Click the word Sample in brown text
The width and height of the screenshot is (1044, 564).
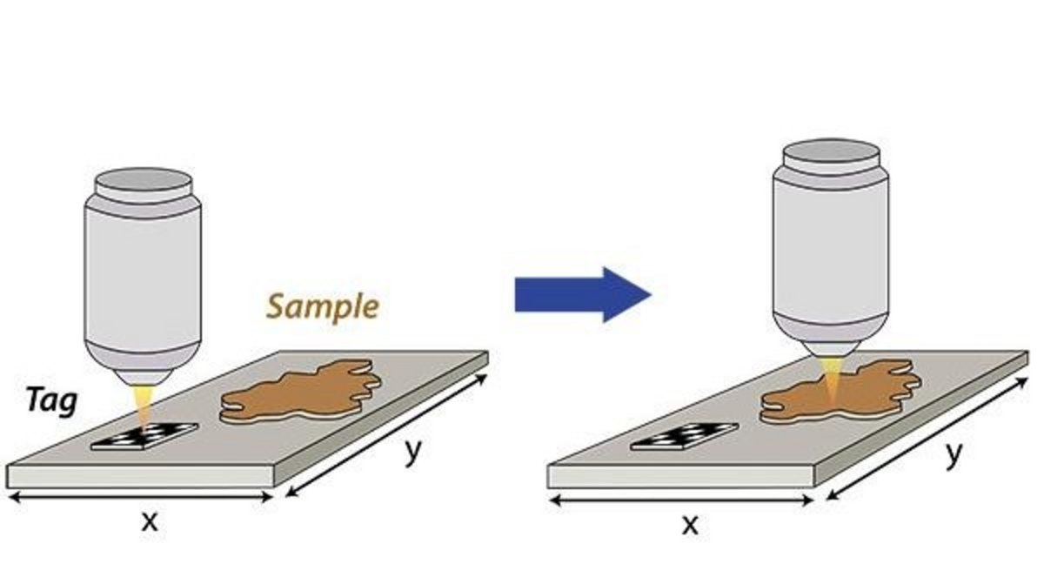click(x=323, y=306)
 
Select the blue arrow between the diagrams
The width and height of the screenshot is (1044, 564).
click(x=582, y=295)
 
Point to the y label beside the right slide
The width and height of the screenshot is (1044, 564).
click(x=954, y=455)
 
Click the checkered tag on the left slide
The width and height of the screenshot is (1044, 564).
click(x=144, y=436)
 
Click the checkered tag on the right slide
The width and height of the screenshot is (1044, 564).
click(x=685, y=437)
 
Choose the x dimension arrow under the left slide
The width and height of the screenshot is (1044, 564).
click(x=139, y=497)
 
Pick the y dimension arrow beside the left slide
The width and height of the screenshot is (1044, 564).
click(x=388, y=435)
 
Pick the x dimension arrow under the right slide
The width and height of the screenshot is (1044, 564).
click(x=680, y=500)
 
